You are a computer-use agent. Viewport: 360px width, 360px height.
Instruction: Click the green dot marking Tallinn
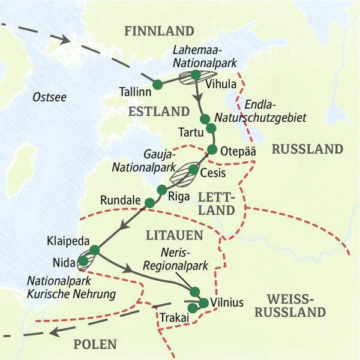[157, 85]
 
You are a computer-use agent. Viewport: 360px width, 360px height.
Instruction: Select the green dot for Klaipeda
[94, 250]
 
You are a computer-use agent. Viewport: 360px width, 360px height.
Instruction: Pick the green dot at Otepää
[212, 149]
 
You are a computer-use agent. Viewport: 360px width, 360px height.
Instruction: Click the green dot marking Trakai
[193, 308]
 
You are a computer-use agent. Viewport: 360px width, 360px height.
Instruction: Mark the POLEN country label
[95, 344]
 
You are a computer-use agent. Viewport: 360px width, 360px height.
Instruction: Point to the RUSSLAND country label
[307, 149]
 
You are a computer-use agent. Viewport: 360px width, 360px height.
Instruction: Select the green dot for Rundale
[149, 203]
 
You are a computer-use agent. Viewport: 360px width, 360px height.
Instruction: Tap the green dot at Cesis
[193, 169]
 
